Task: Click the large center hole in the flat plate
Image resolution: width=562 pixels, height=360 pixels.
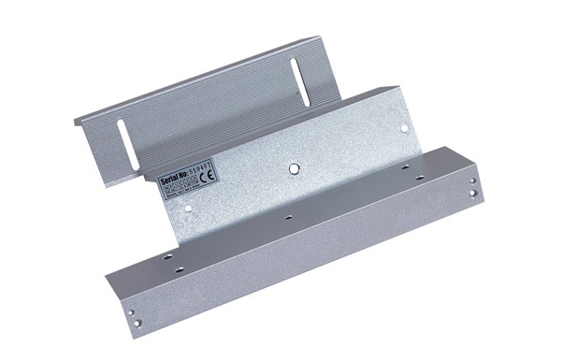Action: (x=294, y=168)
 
